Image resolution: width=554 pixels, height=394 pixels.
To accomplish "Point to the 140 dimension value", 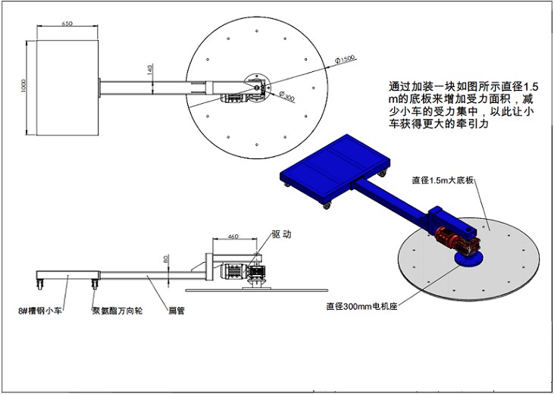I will point(150,69).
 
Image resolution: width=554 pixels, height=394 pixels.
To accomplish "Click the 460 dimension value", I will point(233,236).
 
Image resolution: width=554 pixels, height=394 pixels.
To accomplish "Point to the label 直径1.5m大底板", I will point(443,180).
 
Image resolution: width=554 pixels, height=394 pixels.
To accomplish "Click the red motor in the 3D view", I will point(459,242).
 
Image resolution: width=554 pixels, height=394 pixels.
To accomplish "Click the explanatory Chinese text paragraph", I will point(462,105).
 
